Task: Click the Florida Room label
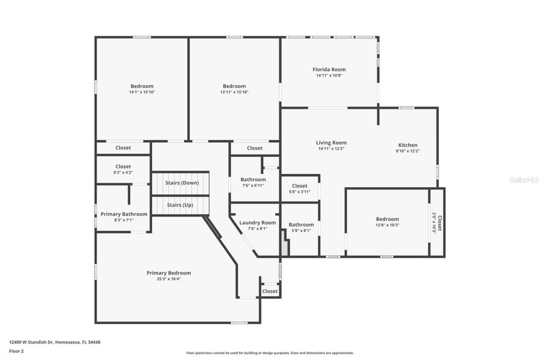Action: click(x=329, y=70)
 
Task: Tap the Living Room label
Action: click(x=331, y=143)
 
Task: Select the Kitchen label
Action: click(x=408, y=145)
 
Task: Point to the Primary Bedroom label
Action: click(x=169, y=273)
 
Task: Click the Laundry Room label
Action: click(x=257, y=223)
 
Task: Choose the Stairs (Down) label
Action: click(x=181, y=183)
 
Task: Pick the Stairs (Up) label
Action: click(x=180, y=205)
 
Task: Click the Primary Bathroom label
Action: click(x=124, y=214)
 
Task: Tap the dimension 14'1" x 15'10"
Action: click(x=142, y=92)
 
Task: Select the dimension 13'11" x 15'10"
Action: click(x=234, y=92)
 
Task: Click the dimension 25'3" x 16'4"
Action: click(x=169, y=279)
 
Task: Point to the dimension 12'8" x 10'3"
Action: click(x=387, y=225)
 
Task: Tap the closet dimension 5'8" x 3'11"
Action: click(x=300, y=192)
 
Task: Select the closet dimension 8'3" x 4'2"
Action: click(x=123, y=173)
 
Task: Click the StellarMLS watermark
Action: click(x=524, y=180)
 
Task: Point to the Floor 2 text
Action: click(x=16, y=351)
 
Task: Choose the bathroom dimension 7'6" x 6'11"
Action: click(x=253, y=185)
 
